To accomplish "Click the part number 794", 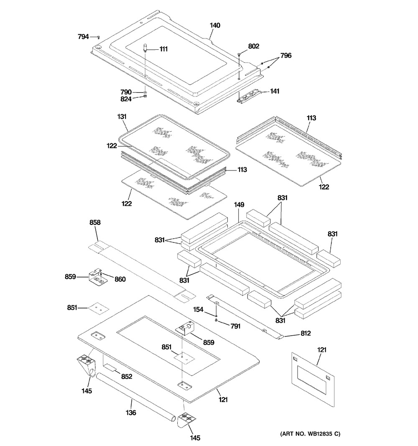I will point(83,37).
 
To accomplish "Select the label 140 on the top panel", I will point(215,25).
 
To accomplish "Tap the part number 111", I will point(163,49).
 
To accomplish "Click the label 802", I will point(253,46).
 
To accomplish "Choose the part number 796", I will point(286,56).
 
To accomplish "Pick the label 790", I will point(126,92).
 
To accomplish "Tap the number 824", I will point(126,99).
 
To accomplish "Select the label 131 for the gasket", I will point(122,117).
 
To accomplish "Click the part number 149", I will point(239,205).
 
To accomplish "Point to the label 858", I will point(95,223).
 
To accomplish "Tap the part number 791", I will point(234,326).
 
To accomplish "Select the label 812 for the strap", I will point(306,334).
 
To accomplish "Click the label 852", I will point(126,377).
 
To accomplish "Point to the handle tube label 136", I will point(131,413).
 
